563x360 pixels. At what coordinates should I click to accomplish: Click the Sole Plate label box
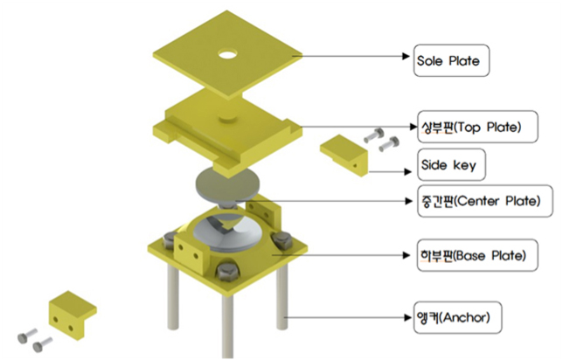point(451,60)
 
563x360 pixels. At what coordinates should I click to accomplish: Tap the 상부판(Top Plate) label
point(478,127)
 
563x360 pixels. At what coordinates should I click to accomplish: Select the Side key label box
point(451,165)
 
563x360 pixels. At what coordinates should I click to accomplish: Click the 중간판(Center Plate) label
point(485,201)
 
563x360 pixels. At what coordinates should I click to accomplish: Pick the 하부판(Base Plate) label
point(477,255)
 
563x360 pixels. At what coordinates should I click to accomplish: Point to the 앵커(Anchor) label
point(458,317)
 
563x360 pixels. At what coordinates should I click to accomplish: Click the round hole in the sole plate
point(227,54)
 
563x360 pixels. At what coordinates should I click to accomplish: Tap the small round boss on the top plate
point(227,119)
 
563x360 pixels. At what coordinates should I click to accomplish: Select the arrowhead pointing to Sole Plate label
point(407,56)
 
